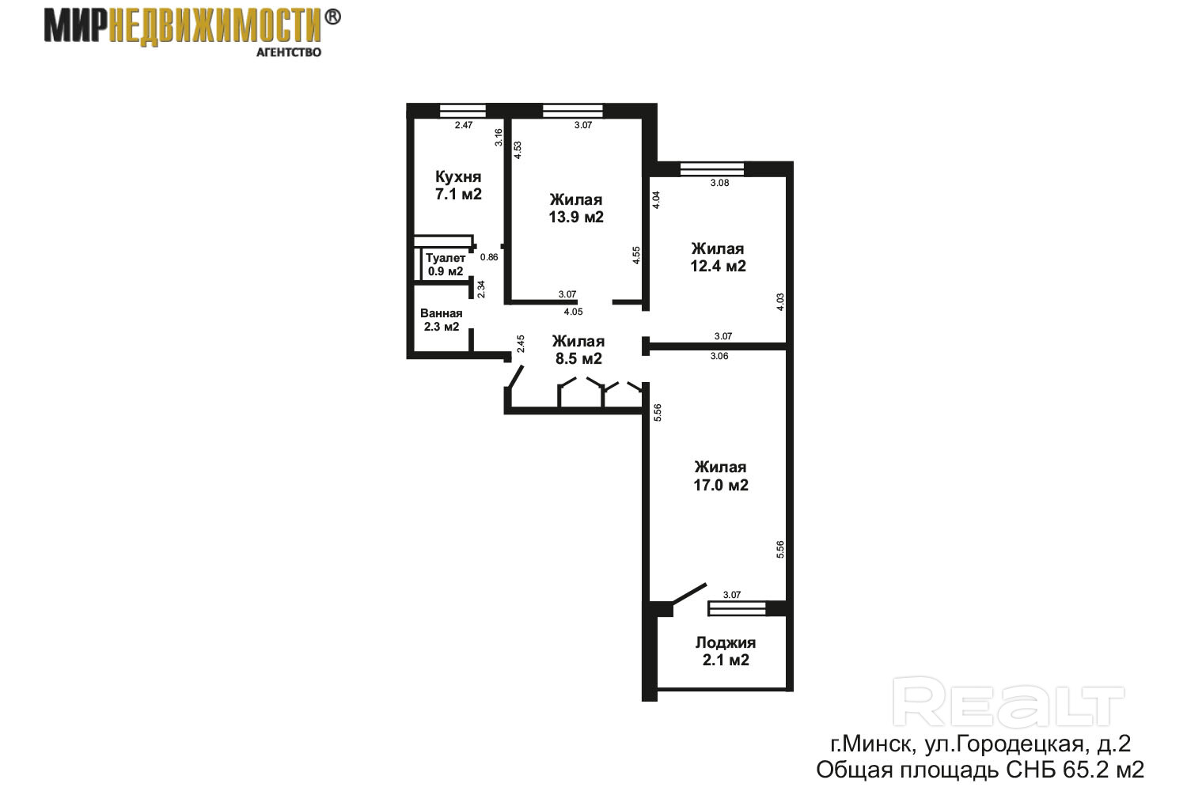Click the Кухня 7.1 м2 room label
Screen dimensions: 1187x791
click(458, 185)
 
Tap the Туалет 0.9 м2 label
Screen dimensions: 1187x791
click(446, 264)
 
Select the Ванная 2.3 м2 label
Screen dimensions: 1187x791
click(442, 320)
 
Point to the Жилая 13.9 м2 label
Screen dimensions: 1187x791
click(576, 208)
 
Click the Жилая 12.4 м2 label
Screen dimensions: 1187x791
click(718, 257)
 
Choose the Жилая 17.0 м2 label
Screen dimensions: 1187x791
click(721, 475)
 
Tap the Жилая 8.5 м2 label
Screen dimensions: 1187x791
click(578, 350)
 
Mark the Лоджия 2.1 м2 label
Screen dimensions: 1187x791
click(726, 651)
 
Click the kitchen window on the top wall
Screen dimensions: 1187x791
click(463, 111)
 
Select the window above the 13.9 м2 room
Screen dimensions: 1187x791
click(573, 111)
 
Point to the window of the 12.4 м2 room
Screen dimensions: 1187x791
click(711, 169)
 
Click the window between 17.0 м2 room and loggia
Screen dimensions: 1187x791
click(737, 609)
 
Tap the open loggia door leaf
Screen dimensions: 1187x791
click(689, 593)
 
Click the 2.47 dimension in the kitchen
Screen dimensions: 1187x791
click(464, 125)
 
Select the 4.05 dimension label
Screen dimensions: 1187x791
click(574, 312)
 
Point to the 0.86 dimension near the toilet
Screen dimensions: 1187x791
click(489, 257)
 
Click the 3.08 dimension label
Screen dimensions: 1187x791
click(719, 183)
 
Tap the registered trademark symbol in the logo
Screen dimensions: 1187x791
click(332, 17)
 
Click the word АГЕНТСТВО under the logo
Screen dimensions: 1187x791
click(289, 52)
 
